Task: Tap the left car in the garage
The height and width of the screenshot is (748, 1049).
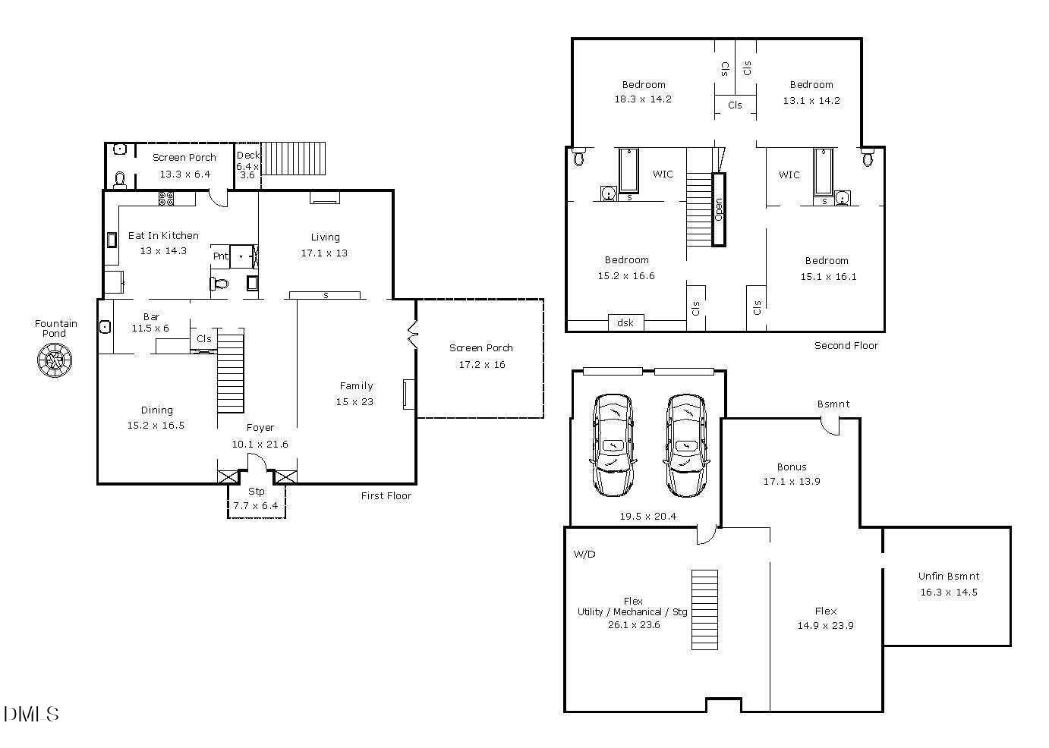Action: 613,445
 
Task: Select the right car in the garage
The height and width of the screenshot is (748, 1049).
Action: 687,445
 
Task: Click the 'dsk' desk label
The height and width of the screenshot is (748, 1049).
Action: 625,322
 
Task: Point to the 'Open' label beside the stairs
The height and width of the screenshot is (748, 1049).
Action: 718,209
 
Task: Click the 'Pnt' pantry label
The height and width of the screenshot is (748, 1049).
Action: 220,256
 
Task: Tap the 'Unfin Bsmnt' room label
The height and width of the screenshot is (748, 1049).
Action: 948,576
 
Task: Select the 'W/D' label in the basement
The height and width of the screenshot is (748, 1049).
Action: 584,554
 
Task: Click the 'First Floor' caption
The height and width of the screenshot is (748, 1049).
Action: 386,495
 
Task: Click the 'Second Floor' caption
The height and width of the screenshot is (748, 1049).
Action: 846,345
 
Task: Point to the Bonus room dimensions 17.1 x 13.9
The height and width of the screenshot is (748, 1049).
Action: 791,481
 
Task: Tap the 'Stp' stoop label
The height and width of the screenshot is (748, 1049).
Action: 257,491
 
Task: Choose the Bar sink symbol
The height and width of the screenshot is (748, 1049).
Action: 105,327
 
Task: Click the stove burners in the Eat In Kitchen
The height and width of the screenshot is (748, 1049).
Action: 166,198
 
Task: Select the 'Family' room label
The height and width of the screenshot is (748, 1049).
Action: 356,385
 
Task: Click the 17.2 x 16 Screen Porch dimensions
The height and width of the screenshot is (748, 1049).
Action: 481,364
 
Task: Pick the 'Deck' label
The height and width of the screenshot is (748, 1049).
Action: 247,156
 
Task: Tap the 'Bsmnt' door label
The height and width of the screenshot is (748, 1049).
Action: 833,404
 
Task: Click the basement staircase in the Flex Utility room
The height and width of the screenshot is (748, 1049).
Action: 704,609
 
